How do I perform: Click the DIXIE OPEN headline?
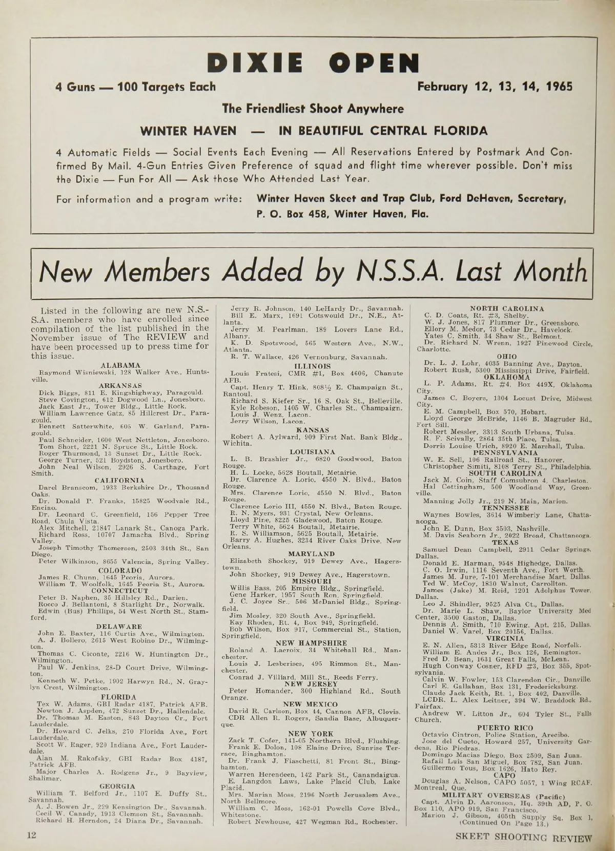[x=313, y=63]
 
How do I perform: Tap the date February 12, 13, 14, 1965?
[x=495, y=86]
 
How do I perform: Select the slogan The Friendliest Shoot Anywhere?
[x=313, y=109]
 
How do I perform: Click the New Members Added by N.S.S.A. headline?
[x=313, y=272]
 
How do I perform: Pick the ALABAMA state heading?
[x=121, y=365]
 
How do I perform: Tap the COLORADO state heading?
[x=120, y=570]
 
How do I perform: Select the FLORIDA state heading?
[x=119, y=697]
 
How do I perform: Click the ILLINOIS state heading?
[x=312, y=366]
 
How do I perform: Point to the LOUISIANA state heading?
[x=312, y=452]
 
